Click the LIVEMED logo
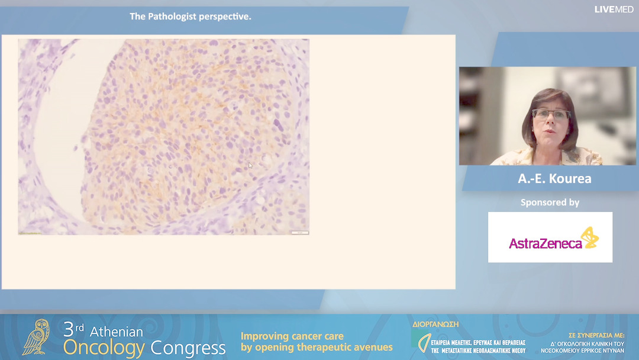[x=614, y=9]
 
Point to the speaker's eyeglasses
[x=550, y=114]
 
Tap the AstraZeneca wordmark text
[x=545, y=243]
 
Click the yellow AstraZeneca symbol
[x=589, y=237]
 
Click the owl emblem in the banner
[x=37, y=337]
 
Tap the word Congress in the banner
[x=188, y=348]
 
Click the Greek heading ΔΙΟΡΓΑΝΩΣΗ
[x=435, y=324]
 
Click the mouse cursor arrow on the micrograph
[x=250, y=165]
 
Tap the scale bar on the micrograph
[x=300, y=232]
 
